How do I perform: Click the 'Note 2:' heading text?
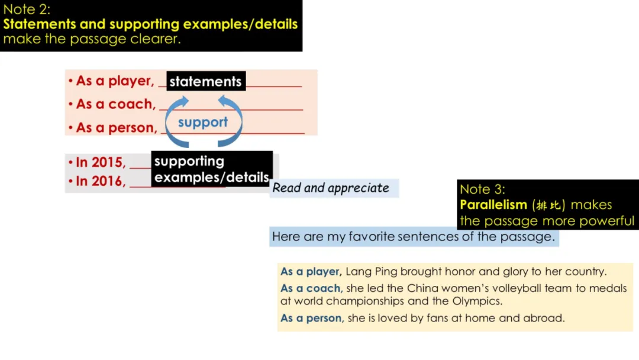[27, 9]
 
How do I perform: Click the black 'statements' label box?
[205, 82]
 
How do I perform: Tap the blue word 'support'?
[202, 123]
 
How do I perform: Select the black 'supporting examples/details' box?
[211, 169]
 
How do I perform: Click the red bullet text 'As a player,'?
[115, 81]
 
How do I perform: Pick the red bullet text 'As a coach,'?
[115, 104]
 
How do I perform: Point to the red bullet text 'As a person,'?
[117, 127]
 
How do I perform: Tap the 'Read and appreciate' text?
[331, 188]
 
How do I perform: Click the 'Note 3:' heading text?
[483, 189]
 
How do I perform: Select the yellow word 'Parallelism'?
[493, 205]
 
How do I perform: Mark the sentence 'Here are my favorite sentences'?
[413, 237]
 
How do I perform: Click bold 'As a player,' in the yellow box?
[311, 272]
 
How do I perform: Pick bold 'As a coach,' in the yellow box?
[311, 288]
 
